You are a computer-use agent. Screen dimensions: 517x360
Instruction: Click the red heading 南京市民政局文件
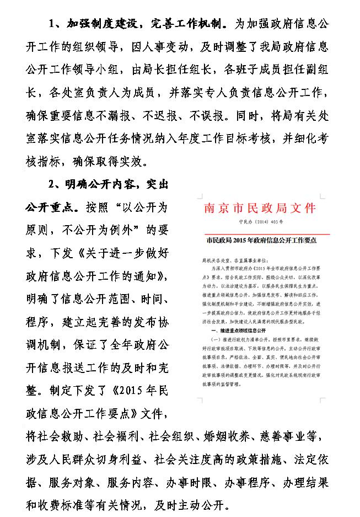pos(260,208)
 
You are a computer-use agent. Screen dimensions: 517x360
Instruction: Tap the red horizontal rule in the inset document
pos(260,231)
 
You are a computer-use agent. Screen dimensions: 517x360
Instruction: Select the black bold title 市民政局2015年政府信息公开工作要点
pos(260,241)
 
